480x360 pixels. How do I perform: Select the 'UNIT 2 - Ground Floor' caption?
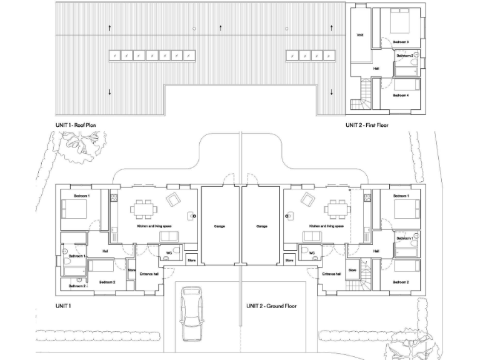coord(271,306)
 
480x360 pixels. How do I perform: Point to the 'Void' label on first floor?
coord(360,36)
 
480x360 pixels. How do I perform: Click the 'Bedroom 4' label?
coord(401,96)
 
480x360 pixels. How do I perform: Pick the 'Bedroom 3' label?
coord(401,42)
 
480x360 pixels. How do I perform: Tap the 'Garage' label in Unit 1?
coord(219,226)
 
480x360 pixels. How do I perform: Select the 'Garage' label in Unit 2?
coord(261,226)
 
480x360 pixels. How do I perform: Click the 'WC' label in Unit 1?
coord(169,254)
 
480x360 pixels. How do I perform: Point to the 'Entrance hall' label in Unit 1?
coord(149,274)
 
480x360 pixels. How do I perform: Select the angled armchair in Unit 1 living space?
coord(172,200)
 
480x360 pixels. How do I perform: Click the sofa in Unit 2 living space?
coord(312,236)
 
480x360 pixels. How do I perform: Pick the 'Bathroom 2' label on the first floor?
coord(404,56)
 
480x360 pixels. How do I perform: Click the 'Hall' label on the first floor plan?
coord(376,69)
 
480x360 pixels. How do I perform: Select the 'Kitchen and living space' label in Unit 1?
coord(152,226)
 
